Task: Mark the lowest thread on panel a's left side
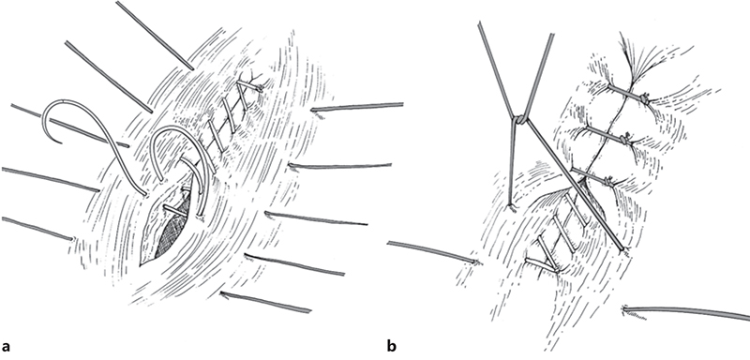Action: [x=37, y=229]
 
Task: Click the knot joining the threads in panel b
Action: [x=518, y=120]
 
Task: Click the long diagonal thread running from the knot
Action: [x=572, y=184]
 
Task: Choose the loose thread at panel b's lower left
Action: [x=431, y=252]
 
